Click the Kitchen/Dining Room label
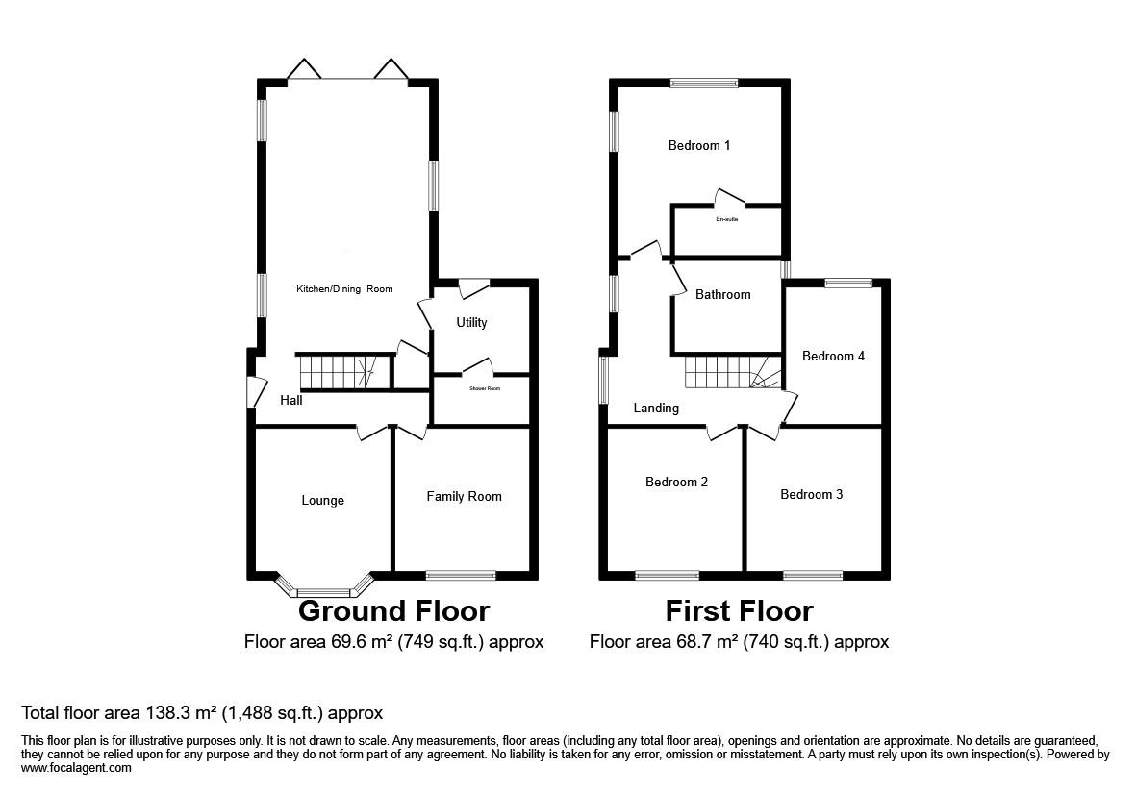pos(343,288)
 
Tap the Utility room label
pos(471,322)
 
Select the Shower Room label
pos(485,388)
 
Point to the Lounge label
pos(322,500)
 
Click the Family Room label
pos(464,496)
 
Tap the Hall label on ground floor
pos(291,400)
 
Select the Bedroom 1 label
pos(699,146)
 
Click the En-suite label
pos(726,219)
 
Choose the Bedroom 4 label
pos(833,356)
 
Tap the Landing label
pos(656,408)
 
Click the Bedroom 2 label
pos(676,482)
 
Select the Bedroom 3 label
pos(811,494)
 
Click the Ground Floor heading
pos(393,610)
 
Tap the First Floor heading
pos(739,610)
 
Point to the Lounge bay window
pos(324,590)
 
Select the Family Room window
pos(461,576)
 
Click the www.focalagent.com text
pos(76,768)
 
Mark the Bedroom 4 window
pos(847,283)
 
